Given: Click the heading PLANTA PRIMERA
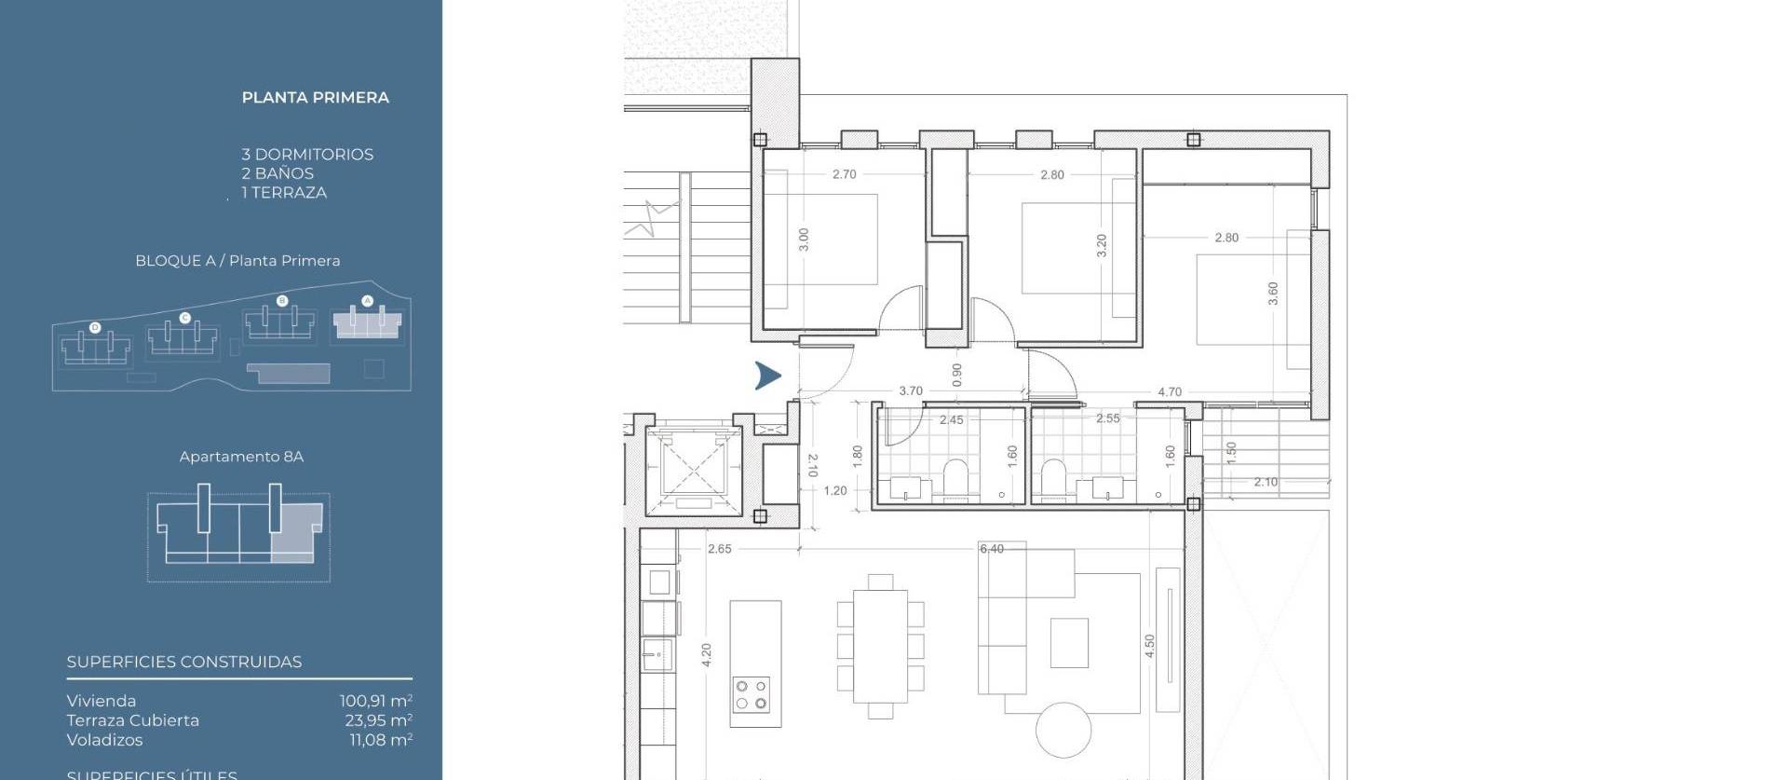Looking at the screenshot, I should point(315,98).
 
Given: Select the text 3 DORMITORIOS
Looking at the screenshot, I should point(307,155).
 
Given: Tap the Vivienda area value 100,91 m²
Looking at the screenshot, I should point(375,701).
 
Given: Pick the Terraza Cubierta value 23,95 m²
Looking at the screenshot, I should point(378,720).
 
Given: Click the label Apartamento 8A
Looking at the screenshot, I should point(241,457).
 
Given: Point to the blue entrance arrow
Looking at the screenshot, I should point(768,376).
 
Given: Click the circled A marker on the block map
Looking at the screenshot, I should point(367,301).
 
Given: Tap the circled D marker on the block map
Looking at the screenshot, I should point(95,328).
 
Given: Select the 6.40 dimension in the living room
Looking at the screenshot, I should point(992,549).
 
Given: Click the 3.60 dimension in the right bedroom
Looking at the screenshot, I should point(1273,294).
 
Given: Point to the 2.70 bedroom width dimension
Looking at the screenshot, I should point(844,174).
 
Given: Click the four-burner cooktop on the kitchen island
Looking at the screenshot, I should point(752,695).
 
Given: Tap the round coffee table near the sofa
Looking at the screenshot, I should point(1063,730).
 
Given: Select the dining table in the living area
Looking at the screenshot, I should point(880,646).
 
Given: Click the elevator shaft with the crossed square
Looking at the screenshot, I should point(694,466).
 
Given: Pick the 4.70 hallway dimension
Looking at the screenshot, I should point(1170,392).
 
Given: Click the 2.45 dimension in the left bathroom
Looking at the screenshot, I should point(951,420).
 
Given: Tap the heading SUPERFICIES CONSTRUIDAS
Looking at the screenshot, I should point(184,663).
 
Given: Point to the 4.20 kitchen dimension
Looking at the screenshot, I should point(706,655).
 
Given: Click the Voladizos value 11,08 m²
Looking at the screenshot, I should point(380,740).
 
